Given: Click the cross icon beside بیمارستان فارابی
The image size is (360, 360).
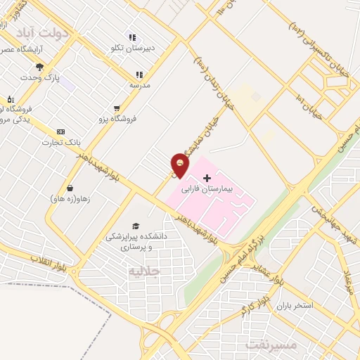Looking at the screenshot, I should pos(207,178).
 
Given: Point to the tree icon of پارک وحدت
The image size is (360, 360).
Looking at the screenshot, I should pos(39,67).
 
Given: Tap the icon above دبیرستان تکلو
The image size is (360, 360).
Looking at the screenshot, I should pos(131,38).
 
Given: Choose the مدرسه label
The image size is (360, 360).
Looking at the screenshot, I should pos(139,84).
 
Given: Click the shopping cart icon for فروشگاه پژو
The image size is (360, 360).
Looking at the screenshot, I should pos(117,108).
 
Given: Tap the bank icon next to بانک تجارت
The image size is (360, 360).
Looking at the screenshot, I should pos(60,131).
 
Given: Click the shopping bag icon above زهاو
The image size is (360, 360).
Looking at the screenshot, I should pos(70,188).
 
